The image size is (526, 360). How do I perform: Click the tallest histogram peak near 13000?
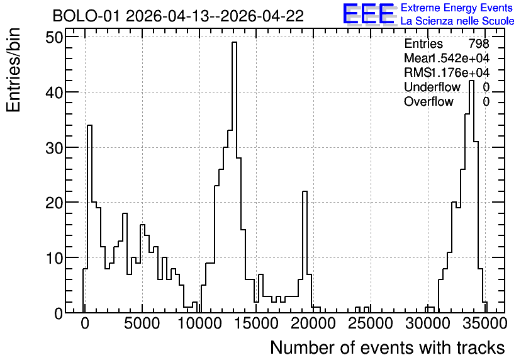pyautogui.click(x=234, y=42)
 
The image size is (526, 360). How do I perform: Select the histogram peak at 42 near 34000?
pyautogui.click(x=471, y=81)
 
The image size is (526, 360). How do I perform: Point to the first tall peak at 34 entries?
pyautogui.click(x=89, y=125)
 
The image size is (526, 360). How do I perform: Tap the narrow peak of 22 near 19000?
pyautogui.click(x=305, y=191)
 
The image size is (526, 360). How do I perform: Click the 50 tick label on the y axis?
pyautogui.click(x=54, y=37)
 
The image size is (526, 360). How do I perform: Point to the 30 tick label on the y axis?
pyautogui.click(x=54, y=148)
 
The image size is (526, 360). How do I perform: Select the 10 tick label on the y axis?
pyautogui.click(x=54, y=258)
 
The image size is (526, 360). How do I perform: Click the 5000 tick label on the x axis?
pyautogui.click(x=142, y=323)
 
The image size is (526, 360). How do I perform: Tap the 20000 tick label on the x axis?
pyautogui.click(x=313, y=323)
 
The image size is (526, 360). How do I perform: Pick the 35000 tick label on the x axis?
pyautogui.click(x=484, y=323)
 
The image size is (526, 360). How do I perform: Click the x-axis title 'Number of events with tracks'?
pyautogui.click(x=388, y=347)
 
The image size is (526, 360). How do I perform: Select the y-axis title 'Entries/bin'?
pyautogui.click(x=13, y=70)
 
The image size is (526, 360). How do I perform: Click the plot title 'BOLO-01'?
pyautogui.click(x=86, y=16)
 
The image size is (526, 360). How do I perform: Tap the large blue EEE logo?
pyautogui.click(x=369, y=14)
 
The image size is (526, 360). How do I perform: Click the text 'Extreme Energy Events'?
pyautogui.click(x=457, y=8)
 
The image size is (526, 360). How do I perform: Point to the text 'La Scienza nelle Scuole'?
pyautogui.click(x=457, y=21)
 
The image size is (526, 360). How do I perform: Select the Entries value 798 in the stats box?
pyautogui.click(x=479, y=43)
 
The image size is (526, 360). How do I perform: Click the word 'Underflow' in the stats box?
pyautogui.click(x=432, y=87)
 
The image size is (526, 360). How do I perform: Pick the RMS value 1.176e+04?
pyautogui.click(x=459, y=72)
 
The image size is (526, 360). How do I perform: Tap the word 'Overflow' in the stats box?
pyautogui.click(x=428, y=101)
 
